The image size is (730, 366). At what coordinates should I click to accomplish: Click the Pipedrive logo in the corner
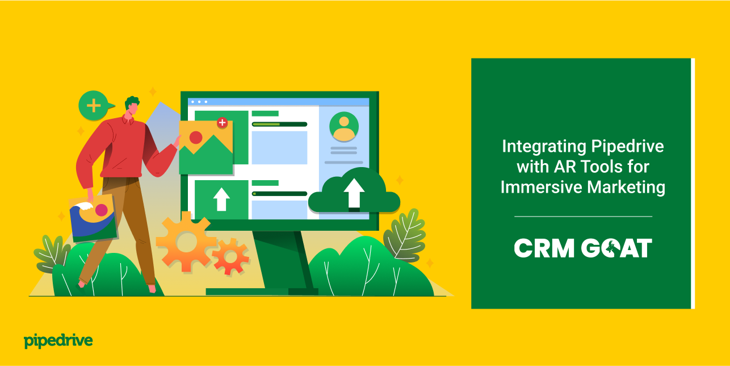(x=58, y=341)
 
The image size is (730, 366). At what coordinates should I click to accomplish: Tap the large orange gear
(x=185, y=242)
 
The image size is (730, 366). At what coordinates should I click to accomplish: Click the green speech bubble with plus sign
(x=94, y=105)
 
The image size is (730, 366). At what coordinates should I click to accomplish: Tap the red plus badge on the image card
(x=222, y=122)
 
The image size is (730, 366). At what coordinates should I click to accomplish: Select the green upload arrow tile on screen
(x=221, y=199)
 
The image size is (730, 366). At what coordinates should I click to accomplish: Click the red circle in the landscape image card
(x=196, y=137)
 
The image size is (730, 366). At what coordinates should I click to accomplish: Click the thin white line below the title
(x=583, y=217)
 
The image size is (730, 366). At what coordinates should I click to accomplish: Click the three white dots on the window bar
(x=199, y=102)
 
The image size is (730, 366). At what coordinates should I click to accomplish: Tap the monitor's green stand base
(x=262, y=292)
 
